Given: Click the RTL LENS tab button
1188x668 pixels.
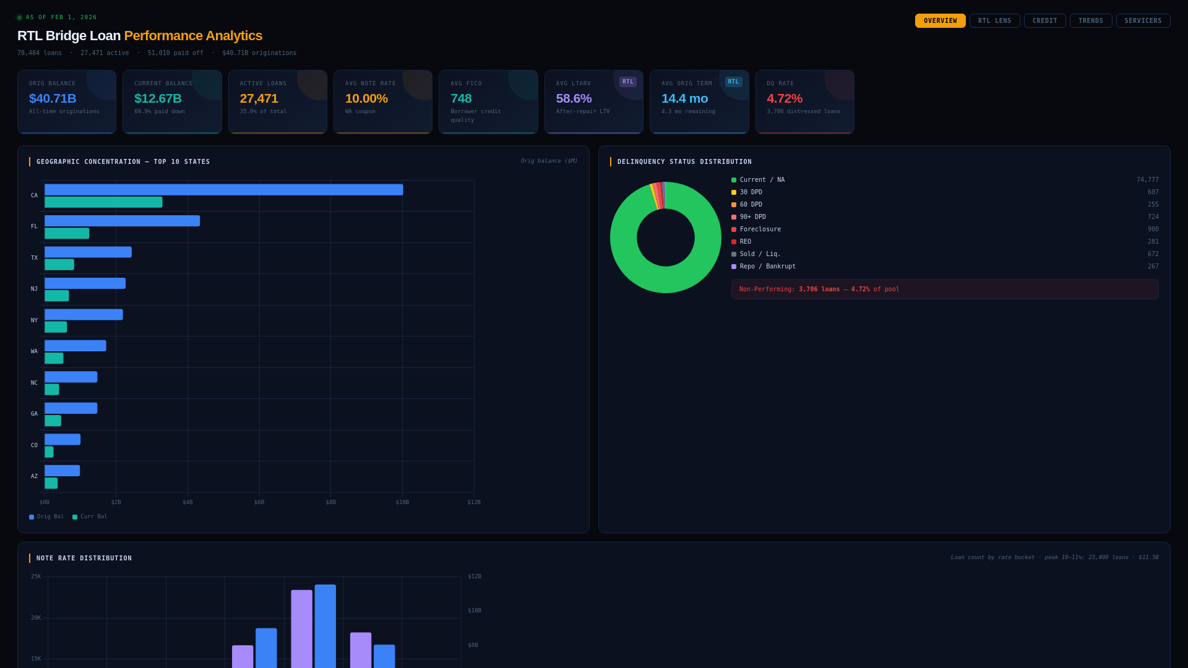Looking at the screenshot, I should [x=994, y=21].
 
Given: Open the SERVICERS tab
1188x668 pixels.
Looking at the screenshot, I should [x=1143, y=21].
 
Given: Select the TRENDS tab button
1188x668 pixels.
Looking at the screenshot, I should [x=1090, y=21].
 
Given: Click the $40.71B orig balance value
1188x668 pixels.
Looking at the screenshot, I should [x=53, y=98].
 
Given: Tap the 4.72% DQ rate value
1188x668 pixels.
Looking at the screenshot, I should [x=784, y=98].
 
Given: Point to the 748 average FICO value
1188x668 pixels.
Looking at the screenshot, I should [x=461, y=98].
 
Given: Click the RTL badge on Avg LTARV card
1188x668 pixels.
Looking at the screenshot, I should [x=627, y=82].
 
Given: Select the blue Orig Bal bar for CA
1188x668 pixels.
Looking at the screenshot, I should [x=223, y=190].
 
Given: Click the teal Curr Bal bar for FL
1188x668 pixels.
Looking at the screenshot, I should [x=67, y=233].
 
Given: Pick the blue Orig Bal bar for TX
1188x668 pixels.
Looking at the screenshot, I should [x=88, y=252].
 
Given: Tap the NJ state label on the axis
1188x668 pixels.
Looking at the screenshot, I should [x=34, y=289].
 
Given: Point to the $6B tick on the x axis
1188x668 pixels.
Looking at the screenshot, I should [x=259, y=502].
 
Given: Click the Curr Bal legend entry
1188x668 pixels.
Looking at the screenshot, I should [x=90, y=516].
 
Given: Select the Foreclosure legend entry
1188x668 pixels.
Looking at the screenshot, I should [x=760, y=229].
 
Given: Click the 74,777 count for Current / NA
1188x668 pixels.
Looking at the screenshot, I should [x=1147, y=180].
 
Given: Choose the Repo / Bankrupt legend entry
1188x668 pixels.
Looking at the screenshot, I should [x=767, y=267].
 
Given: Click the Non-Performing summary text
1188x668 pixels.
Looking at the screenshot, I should [x=819, y=289].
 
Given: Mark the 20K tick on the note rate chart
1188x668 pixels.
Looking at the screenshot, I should [x=36, y=618].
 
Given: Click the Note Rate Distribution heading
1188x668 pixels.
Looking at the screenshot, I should [x=84, y=559].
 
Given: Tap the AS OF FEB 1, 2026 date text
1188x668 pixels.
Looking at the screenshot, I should [x=61, y=17].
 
